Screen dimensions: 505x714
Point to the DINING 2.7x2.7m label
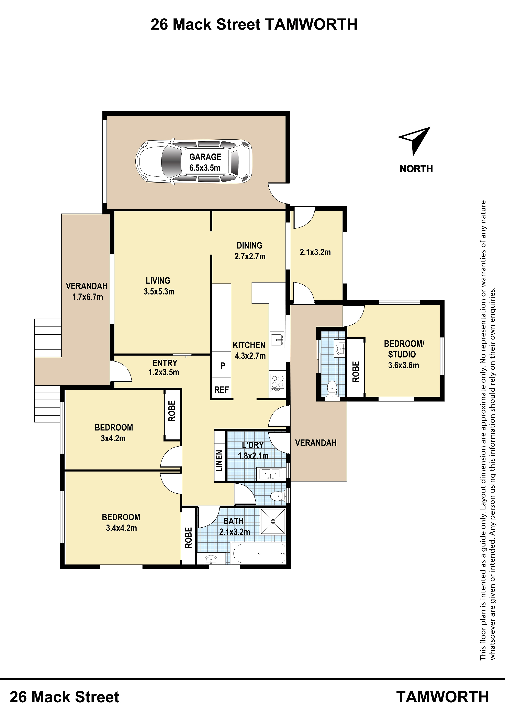tap(250, 251)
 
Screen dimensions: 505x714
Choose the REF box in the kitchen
tap(222, 390)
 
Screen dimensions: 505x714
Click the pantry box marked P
tap(222, 365)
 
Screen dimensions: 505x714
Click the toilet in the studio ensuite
tap(332, 389)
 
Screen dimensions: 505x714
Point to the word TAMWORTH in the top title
tap(311, 25)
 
